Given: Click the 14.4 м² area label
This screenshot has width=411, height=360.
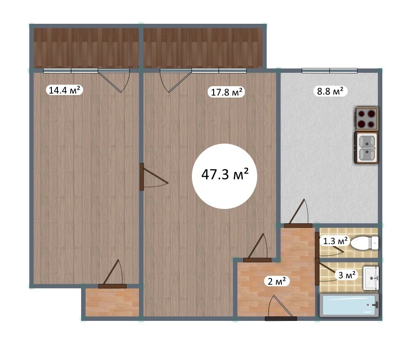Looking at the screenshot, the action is pos(64,90).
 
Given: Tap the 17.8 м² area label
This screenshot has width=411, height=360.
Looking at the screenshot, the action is pos(226,92).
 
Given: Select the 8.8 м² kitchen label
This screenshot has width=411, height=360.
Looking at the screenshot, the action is pos(330,91).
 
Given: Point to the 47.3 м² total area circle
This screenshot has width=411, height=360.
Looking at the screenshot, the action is pos(225,176).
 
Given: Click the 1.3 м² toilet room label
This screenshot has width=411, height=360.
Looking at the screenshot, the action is pos(335,240).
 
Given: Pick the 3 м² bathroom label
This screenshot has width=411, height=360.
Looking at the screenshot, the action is pos(347,275).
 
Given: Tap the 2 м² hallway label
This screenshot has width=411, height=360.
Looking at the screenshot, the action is pos(278,281).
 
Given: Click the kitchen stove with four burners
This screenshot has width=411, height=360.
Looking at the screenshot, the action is pos(366,119).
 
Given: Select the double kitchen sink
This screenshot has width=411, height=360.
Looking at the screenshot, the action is pos(366,148).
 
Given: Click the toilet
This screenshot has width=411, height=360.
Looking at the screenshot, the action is pos(365,243).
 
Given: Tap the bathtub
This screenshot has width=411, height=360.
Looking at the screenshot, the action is pos(349,305).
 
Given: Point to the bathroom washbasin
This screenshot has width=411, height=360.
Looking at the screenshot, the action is pos(371,278).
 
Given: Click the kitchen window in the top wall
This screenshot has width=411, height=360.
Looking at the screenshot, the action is pos(329,70).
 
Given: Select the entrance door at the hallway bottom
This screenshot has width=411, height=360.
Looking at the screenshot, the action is pos(280,309).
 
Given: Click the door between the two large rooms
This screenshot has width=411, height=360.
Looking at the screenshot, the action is pos(154,177).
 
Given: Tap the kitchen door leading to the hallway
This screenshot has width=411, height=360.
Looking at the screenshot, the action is pos(298,214).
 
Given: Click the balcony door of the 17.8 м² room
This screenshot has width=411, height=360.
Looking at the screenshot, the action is pos(176,80).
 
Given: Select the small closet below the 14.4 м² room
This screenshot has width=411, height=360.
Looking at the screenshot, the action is pos(112,302).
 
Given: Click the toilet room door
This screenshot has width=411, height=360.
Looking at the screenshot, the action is pos(329,245).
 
